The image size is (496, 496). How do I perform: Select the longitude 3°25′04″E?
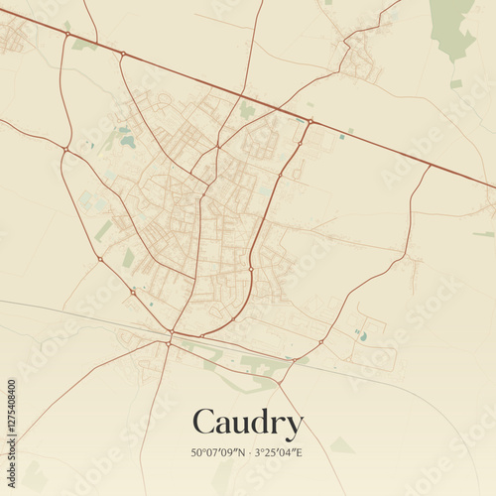click(278, 452)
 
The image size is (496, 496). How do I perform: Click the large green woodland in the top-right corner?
click(451, 25)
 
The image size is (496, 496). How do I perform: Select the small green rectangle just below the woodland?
click(455, 84)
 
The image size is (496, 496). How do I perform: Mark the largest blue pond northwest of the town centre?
click(128, 142)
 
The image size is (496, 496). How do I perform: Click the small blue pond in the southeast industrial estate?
click(363, 337)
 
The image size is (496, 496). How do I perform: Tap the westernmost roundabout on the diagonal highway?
click(67, 34)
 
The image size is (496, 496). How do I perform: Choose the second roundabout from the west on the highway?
click(122, 54)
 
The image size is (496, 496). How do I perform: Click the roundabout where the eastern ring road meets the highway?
click(310, 122)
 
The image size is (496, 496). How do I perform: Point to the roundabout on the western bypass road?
click(65, 150)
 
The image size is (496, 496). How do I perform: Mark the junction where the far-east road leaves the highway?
click(431, 165)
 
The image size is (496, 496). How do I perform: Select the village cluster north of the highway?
click(359, 62)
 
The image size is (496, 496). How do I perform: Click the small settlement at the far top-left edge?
click(14, 38)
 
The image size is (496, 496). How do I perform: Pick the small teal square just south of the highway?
click(342, 137)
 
